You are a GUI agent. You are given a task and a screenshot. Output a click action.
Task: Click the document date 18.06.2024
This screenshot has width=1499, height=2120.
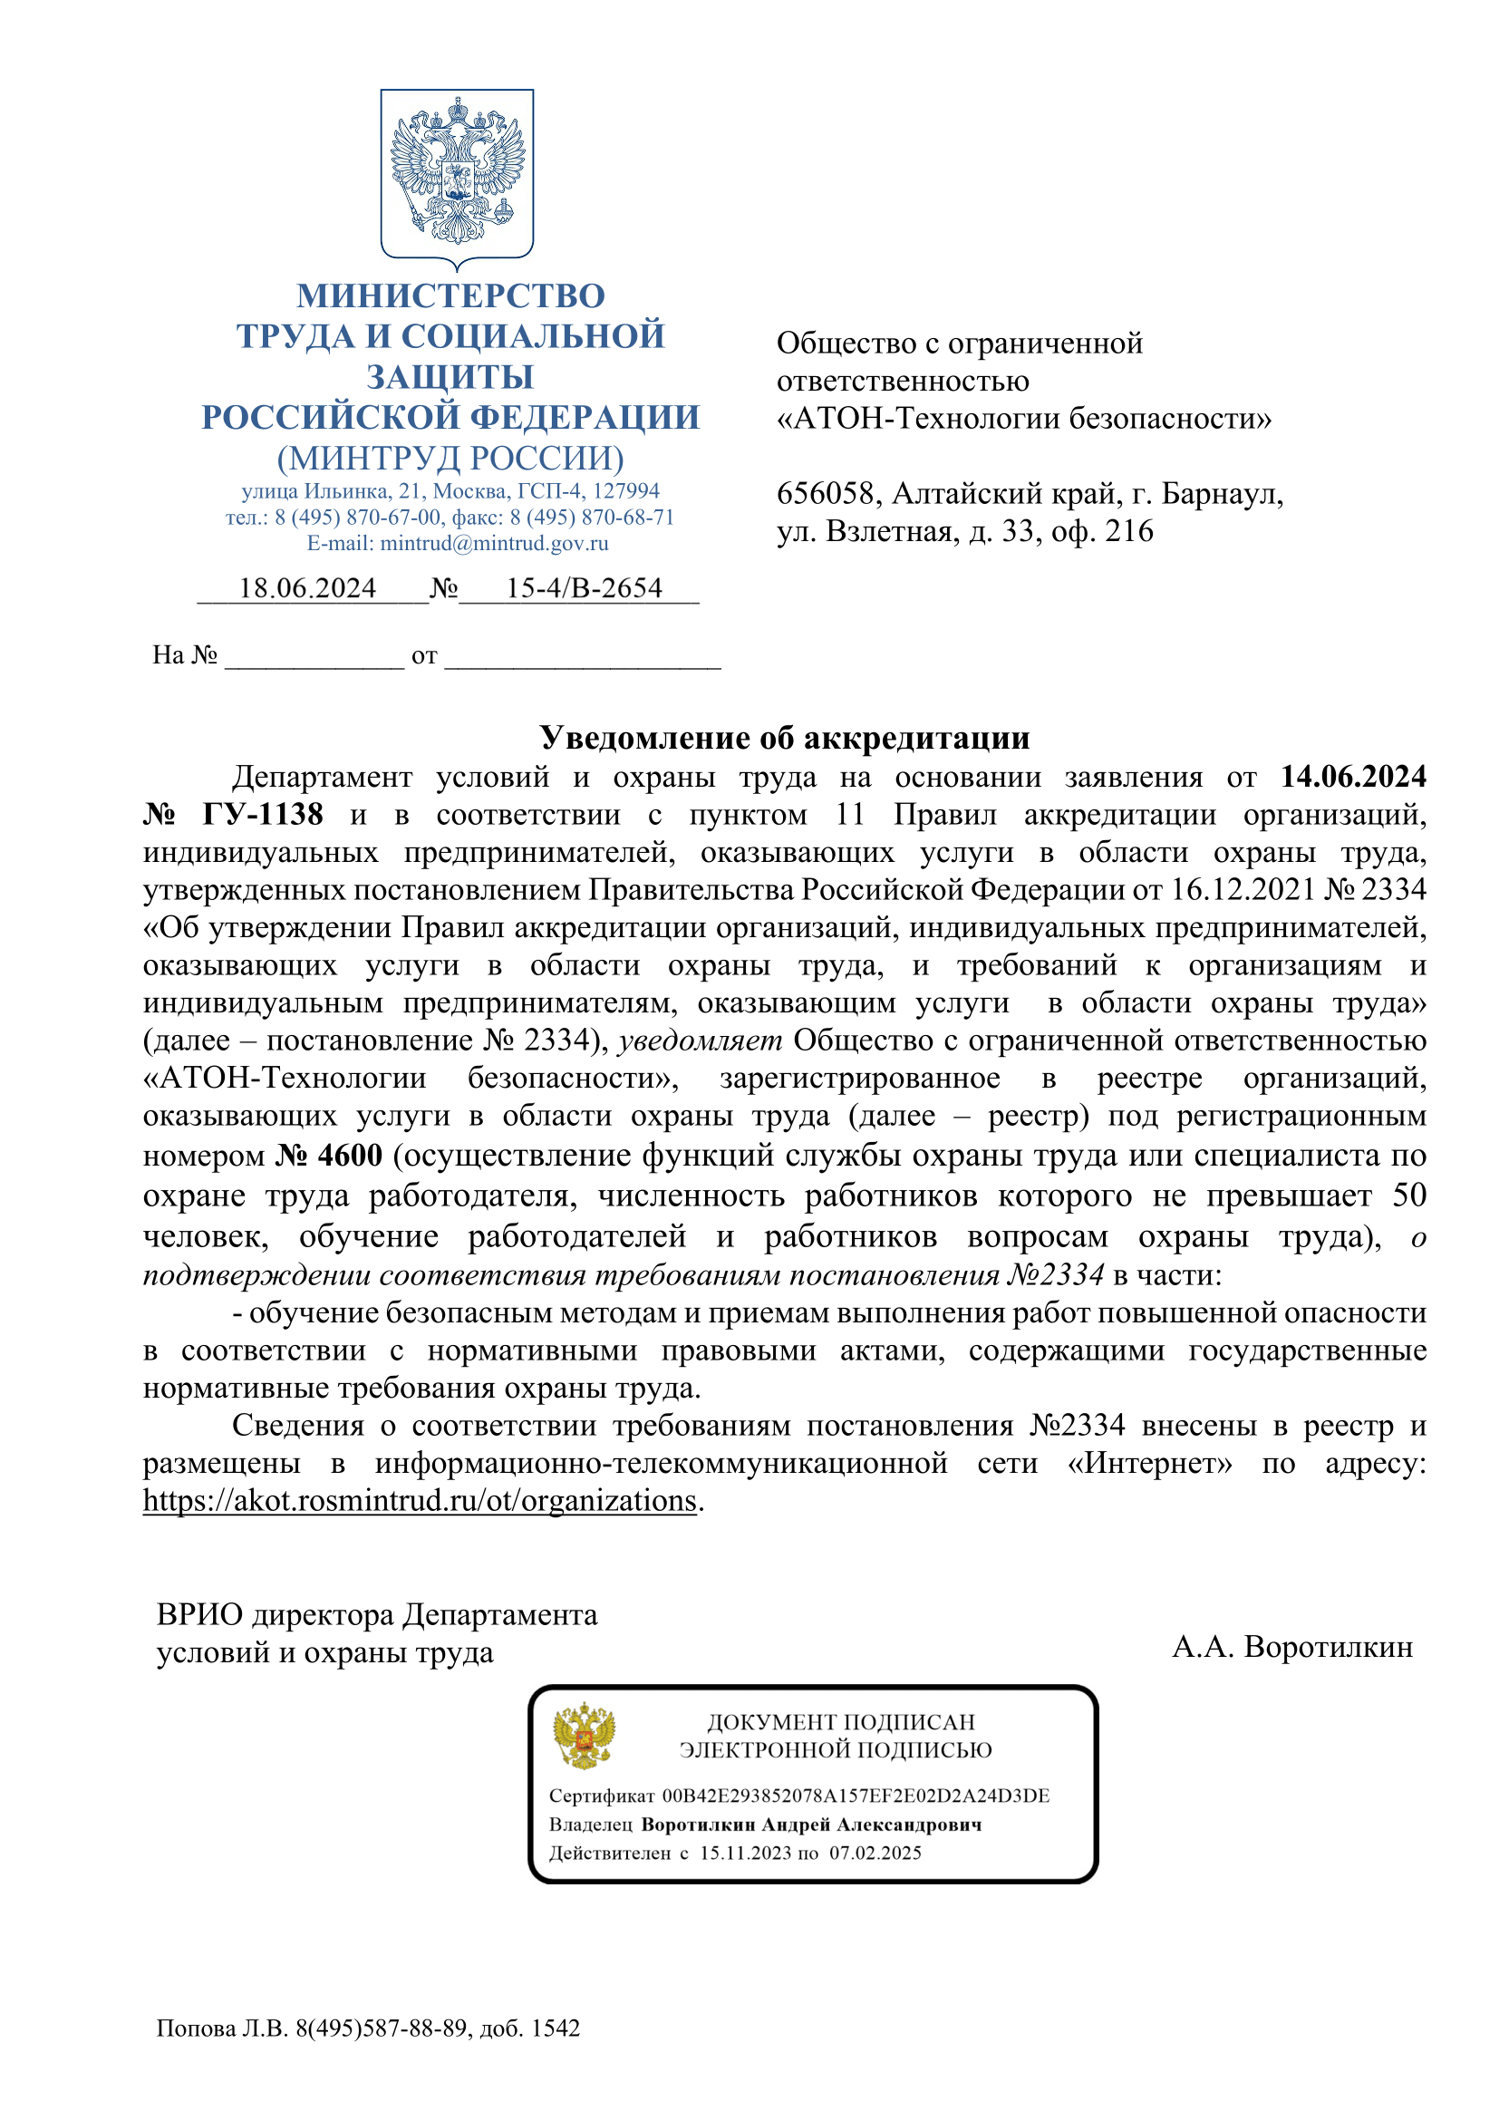tap(307, 588)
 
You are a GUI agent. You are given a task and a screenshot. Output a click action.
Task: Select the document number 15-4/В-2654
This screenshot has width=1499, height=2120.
tap(584, 588)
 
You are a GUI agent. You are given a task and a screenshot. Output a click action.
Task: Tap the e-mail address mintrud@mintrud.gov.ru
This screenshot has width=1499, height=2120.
tap(494, 543)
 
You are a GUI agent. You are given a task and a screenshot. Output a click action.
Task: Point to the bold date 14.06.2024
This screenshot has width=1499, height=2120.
tap(1352, 777)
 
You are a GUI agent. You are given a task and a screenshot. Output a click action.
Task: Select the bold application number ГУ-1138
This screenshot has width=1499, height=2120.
tap(262, 815)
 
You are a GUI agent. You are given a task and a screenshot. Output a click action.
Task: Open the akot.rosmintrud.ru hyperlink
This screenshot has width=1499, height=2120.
tap(420, 1500)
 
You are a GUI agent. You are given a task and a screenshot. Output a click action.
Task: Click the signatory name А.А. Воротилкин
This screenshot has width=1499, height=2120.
tap(1292, 1646)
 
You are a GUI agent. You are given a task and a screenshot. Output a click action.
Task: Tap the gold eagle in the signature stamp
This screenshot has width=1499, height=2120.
tap(585, 1735)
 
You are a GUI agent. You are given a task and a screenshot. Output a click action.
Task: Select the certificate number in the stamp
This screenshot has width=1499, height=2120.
tap(856, 1795)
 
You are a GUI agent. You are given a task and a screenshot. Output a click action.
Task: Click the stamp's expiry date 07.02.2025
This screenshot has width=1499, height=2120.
tap(875, 1853)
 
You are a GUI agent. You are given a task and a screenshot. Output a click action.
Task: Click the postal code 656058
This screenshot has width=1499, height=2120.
tap(824, 494)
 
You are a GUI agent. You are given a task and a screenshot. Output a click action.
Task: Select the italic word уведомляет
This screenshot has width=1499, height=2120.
tap(700, 1041)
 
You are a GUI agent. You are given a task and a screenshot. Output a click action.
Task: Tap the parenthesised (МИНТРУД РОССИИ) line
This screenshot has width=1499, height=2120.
tap(450, 458)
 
